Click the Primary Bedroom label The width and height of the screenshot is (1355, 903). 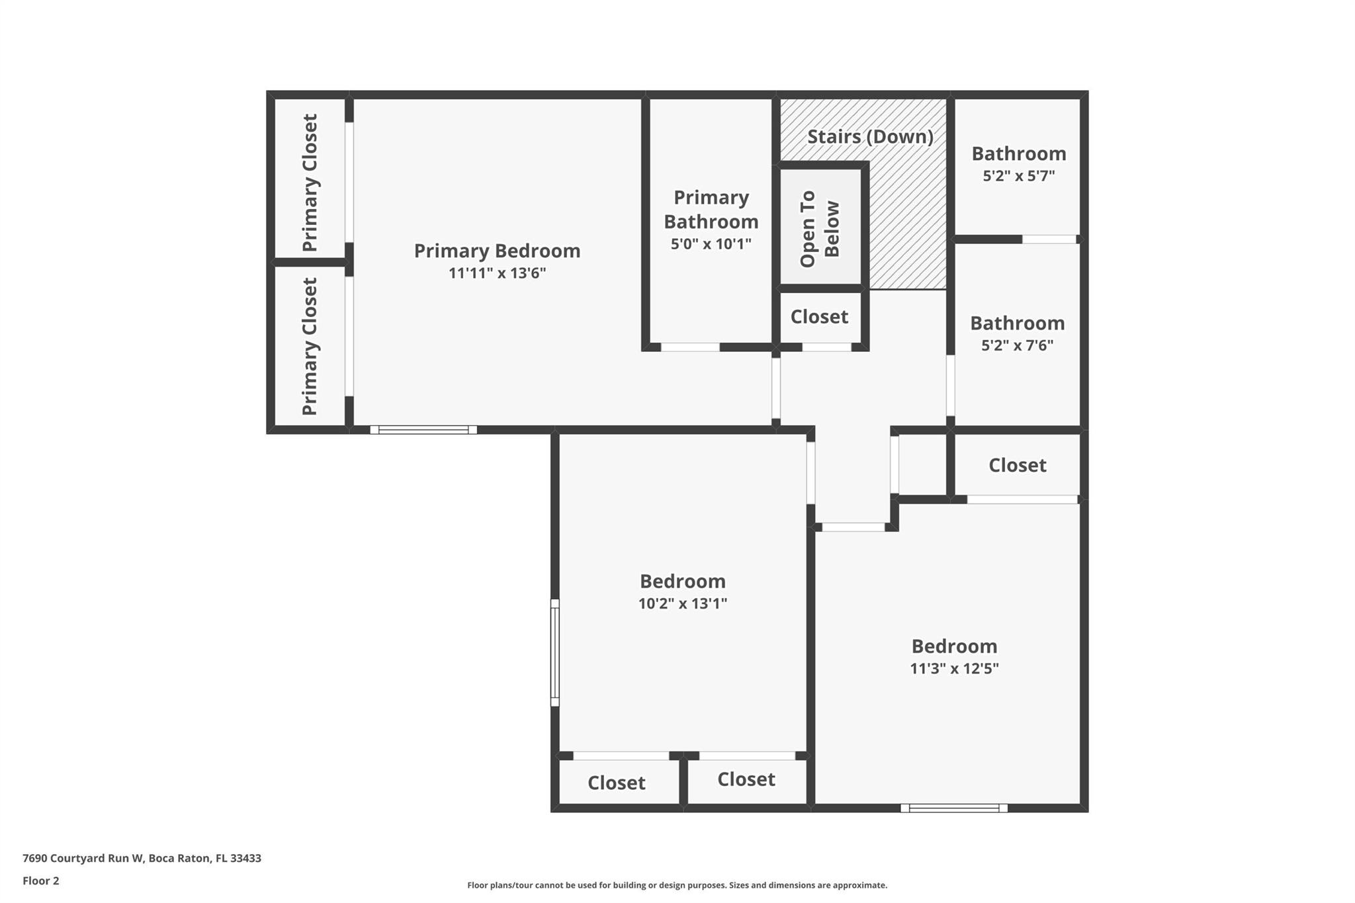[497, 251]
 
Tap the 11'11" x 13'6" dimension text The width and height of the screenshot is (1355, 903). [497, 273]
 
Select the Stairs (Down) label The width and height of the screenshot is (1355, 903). [870, 136]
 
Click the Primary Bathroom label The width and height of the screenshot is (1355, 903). [711, 209]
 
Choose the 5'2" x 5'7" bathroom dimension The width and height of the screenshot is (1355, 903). [1019, 175]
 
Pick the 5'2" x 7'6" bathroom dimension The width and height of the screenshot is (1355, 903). [1018, 345]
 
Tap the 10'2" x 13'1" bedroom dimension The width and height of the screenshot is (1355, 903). [683, 603]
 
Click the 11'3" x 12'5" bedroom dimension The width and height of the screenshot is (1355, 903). [954, 668]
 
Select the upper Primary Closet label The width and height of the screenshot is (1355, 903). [310, 183]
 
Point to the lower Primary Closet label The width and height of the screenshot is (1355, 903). [310, 346]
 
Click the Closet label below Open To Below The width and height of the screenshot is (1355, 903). [819, 317]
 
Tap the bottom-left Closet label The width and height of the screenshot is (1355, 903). [617, 783]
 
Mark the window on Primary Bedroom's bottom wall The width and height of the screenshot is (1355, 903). [423, 430]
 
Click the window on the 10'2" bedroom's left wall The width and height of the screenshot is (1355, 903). [555, 652]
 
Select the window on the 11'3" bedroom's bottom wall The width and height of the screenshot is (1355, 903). [954, 808]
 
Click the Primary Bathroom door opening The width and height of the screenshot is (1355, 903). [690, 347]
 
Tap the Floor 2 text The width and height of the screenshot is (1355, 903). [41, 881]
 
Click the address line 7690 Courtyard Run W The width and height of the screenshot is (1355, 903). [142, 858]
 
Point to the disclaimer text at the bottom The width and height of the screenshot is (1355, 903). [677, 885]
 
